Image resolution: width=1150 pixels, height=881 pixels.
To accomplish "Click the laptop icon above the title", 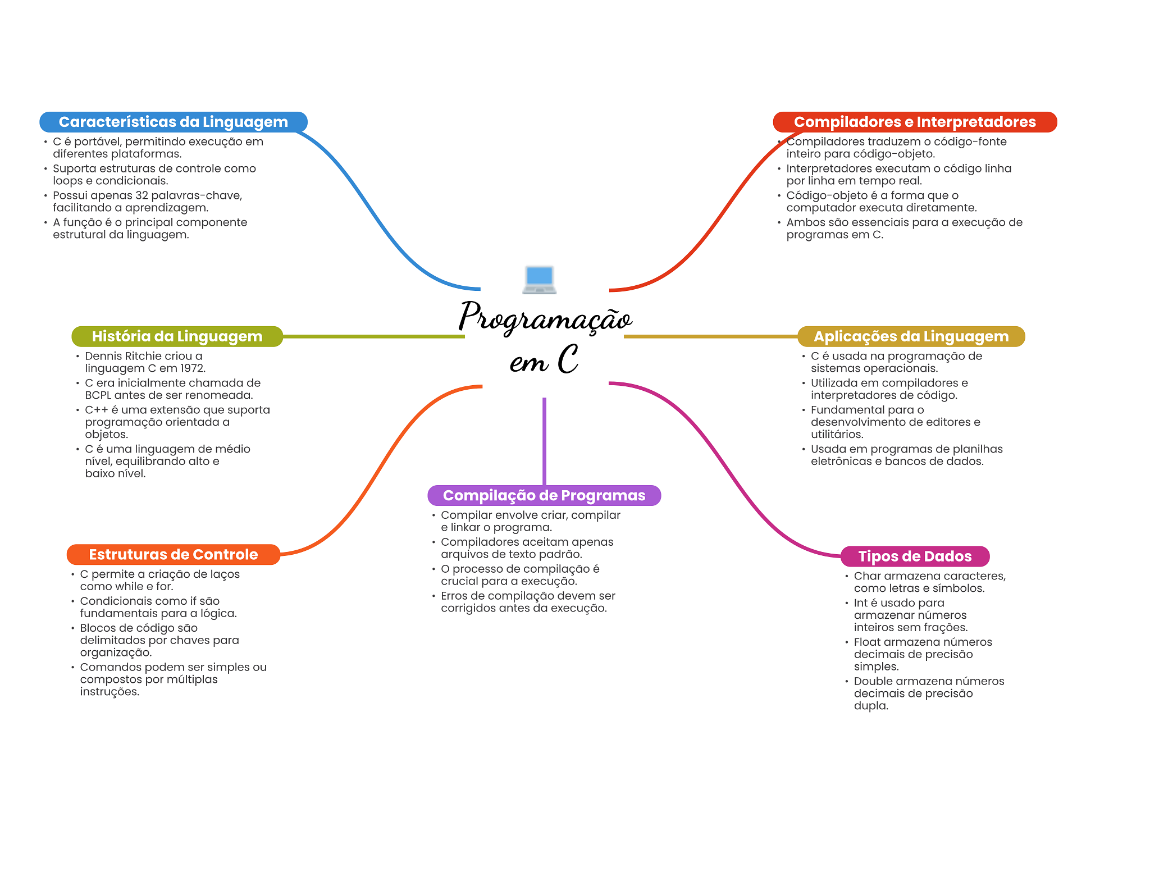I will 539,279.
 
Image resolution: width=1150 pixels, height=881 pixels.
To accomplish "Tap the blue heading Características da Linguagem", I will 173,122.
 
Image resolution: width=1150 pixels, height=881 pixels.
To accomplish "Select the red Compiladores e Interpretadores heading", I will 914,122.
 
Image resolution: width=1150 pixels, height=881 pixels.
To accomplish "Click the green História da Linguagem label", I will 177,336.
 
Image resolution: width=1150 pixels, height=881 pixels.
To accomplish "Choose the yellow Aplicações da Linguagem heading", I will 911,336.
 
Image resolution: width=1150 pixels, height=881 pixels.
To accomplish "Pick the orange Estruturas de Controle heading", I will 173,554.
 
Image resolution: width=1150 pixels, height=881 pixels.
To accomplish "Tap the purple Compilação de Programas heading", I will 544,495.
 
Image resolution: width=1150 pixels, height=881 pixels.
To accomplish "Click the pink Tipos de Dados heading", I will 914,556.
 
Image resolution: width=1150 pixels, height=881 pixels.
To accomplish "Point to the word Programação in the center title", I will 545,317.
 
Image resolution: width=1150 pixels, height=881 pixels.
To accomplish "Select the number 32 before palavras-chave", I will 142,195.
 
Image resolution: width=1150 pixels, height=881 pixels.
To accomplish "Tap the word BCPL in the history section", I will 98,395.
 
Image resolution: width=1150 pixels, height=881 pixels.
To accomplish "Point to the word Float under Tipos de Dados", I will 867,642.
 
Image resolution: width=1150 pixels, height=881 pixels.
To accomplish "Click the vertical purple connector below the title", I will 544,441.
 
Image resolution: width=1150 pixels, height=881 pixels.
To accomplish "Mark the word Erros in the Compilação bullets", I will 454,596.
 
